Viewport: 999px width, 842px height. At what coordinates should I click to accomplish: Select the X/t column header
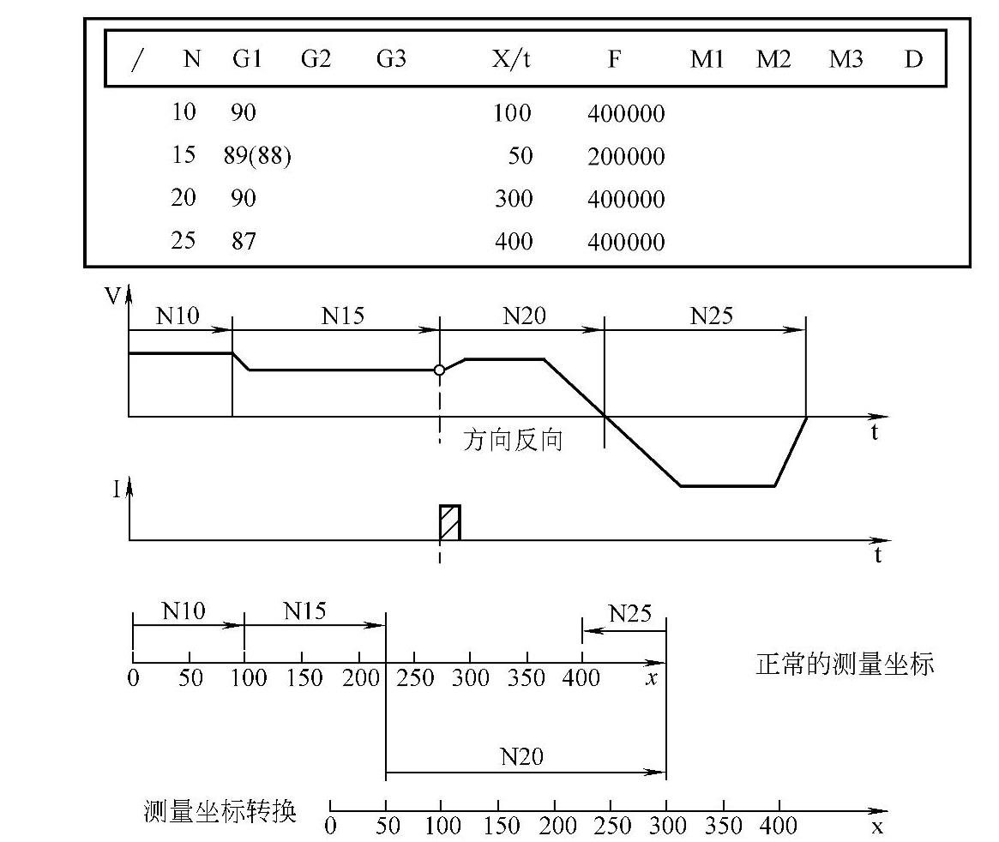(x=511, y=59)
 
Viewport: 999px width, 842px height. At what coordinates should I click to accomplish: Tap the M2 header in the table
(x=773, y=59)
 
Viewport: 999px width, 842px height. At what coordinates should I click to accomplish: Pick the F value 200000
(x=626, y=156)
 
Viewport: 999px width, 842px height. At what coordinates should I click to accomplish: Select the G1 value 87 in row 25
(x=244, y=241)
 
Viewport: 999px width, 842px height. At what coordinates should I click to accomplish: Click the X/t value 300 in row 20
(x=513, y=199)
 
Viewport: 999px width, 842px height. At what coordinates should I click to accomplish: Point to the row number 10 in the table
(x=184, y=112)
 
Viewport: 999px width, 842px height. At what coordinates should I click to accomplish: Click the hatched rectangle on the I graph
(x=449, y=522)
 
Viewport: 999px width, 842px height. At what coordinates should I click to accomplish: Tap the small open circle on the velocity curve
(x=439, y=370)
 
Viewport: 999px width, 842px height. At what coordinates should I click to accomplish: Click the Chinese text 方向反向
(x=513, y=441)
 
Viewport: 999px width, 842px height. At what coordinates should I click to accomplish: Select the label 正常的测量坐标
(x=844, y=664)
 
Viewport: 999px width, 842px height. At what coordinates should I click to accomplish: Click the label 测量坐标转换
(x=220, y=810)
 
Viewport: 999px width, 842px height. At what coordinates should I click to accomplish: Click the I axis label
(x=116, y=490)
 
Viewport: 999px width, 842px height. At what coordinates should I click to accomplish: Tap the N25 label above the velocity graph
(x=712, y=316)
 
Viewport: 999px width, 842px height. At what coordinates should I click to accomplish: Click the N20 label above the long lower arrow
(x=522, y=756)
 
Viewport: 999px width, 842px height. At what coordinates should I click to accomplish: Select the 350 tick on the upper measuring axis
(x=526, y=677)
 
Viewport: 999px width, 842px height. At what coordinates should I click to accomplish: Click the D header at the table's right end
(x=913, y=59)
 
